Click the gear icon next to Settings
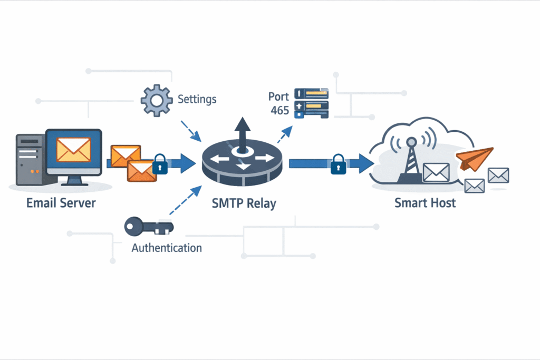point(156,100)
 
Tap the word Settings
point(197,99)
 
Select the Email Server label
point(61,202)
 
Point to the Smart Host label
point(425,202)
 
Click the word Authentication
point(166,247)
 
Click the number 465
point(279,110)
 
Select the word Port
point(278,97)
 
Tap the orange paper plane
point(474,158)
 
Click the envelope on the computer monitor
point(73,149)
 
